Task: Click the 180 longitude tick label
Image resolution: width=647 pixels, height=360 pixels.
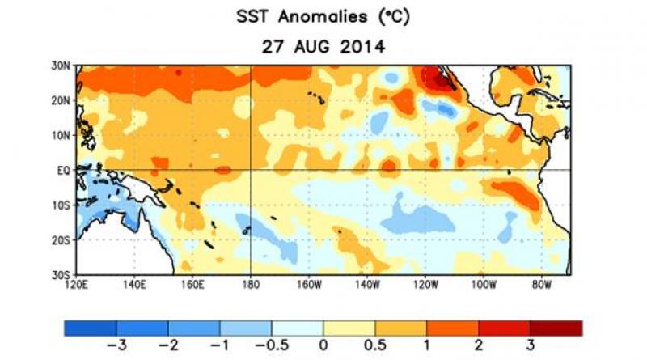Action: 251,285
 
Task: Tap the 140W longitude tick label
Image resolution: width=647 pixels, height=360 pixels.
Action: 367,285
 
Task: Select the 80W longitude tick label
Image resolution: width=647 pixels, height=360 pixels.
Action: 542,285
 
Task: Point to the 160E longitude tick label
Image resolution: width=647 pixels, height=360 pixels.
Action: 192,285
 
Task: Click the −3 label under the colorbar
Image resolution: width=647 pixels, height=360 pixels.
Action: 116,343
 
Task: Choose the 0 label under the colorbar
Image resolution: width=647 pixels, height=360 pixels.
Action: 323,343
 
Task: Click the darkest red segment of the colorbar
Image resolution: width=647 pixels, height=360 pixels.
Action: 556,327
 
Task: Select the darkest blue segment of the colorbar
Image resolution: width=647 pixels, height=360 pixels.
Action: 90,327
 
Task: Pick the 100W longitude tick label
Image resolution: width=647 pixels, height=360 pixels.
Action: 484,285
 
